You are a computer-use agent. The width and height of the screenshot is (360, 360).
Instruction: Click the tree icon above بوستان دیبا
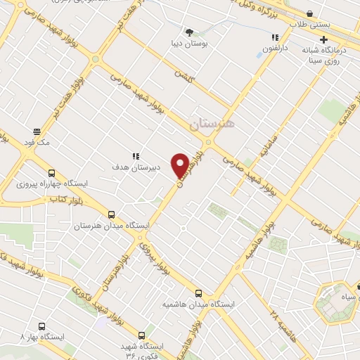[x=188, y=32]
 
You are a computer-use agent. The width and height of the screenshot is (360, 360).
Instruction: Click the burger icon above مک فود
[x=36, y=131]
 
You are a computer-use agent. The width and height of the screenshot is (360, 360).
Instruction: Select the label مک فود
[x=36, y=142]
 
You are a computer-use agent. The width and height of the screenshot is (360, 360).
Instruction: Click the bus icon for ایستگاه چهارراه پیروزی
[x=51, y=174]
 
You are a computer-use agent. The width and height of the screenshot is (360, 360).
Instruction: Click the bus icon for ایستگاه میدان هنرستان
[x=111, y=215]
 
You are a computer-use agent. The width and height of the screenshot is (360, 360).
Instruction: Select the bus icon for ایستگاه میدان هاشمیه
[x=198, y=292]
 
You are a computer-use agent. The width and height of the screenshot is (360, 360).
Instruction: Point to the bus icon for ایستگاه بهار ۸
[x=41, y=326]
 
